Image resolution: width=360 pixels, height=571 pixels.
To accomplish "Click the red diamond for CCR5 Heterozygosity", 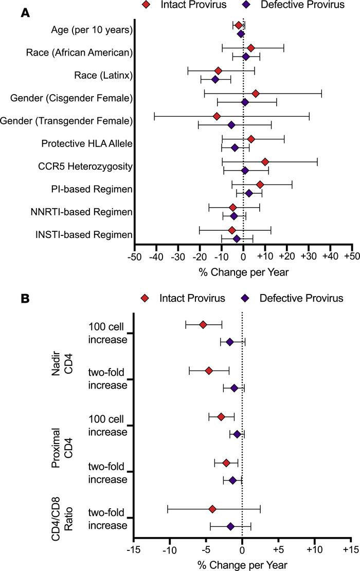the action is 265,162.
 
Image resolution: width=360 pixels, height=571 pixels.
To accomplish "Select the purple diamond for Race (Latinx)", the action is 215,79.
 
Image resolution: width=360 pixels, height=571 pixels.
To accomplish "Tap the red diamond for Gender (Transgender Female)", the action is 217,116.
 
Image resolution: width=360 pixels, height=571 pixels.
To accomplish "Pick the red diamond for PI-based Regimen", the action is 260,185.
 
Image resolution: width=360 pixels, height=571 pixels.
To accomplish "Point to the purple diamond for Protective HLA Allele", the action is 235,148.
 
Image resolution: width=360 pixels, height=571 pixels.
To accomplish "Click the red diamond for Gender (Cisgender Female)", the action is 256,94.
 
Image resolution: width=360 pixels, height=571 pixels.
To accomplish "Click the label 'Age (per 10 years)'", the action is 92,30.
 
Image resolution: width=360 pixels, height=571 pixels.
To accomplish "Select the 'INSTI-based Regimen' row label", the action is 84,234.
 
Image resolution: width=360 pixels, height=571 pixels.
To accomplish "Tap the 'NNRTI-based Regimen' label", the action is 82,212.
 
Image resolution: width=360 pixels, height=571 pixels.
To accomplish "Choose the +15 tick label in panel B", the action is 351,549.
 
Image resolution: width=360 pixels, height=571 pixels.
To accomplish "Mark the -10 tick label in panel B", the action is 169,549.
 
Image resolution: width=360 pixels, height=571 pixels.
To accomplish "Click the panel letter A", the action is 25,13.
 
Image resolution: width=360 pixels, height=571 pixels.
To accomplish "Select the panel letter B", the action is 25,299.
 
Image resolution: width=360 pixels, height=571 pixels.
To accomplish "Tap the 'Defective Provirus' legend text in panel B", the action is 301,298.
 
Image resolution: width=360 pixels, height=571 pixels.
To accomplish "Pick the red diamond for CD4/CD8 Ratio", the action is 212,509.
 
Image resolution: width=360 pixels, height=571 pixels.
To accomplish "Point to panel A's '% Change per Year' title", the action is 243,272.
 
